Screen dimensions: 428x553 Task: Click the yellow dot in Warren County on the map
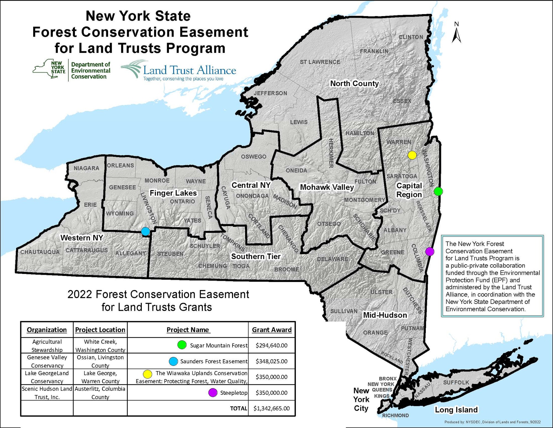412,155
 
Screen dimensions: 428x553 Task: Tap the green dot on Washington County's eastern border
438,191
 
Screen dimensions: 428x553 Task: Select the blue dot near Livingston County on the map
145,231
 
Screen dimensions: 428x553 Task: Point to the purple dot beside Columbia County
429,252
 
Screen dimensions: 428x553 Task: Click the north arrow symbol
457,34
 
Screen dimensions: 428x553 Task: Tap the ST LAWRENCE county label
320,62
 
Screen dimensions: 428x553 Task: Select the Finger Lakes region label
173,193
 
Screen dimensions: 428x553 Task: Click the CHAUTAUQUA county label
40,252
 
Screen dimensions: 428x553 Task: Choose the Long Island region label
456,410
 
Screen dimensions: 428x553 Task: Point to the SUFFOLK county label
456,383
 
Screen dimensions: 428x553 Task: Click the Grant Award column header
272,330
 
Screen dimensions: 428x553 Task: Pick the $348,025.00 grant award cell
272,361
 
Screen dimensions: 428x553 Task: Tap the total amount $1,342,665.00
272,408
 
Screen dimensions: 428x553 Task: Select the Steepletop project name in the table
234,393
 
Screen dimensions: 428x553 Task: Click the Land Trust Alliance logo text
189,70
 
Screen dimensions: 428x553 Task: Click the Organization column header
47,330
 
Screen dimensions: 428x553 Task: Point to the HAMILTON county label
360,133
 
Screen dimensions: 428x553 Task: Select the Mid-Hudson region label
385,315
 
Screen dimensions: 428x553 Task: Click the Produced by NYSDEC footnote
492,422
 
